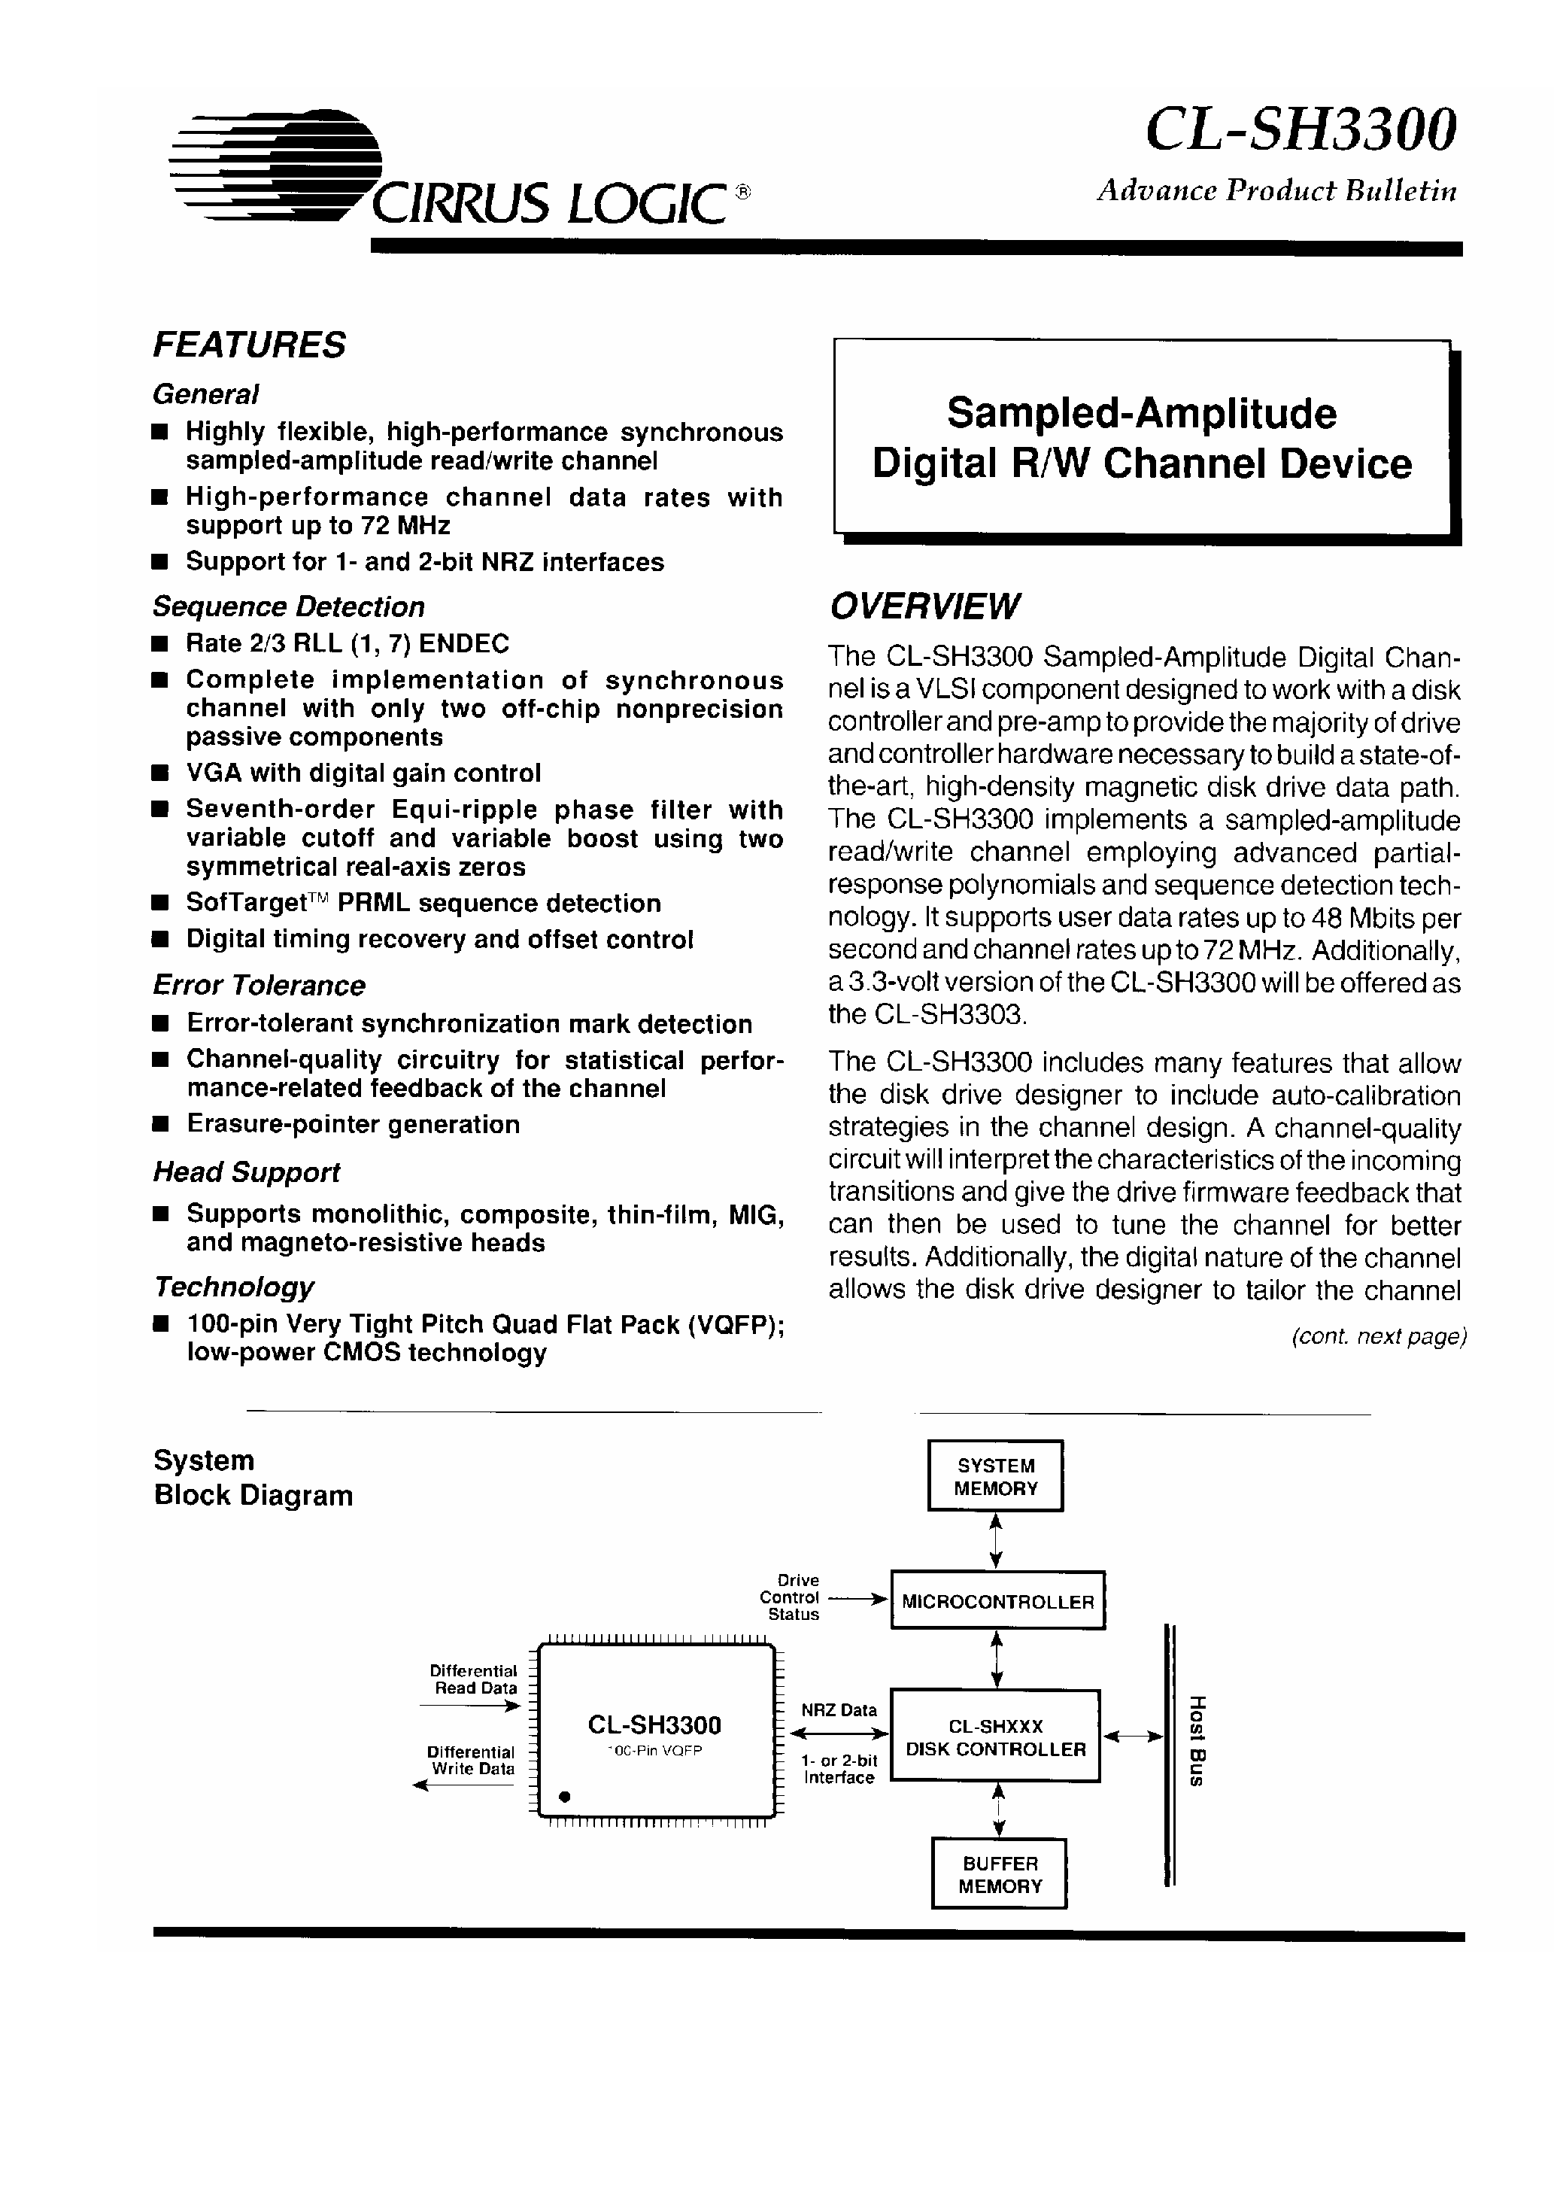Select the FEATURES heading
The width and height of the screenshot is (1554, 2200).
click(x=249, y=345)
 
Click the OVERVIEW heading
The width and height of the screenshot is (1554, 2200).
click(x=924, y=606)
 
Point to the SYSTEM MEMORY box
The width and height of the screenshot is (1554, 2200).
click(x=994, y=1476)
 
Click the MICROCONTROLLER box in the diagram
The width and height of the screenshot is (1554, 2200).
click(x=997, y=1602)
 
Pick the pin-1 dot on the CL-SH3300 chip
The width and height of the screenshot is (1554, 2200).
click(x=564, y=1797)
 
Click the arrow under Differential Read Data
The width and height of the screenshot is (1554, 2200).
click(x=469, y=1706)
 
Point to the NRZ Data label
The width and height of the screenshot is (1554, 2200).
click(x=839, y=1710)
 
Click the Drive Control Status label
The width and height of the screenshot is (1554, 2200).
click(x=791, y=1597)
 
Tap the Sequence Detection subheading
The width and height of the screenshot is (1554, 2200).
click(x=288, y=606)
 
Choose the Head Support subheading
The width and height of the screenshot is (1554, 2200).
click(x=246, y=1172)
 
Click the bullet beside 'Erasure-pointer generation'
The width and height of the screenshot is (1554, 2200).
click(x=161, y=1124)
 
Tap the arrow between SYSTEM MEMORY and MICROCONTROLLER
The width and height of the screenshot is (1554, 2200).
click(x=995, y=1541)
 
